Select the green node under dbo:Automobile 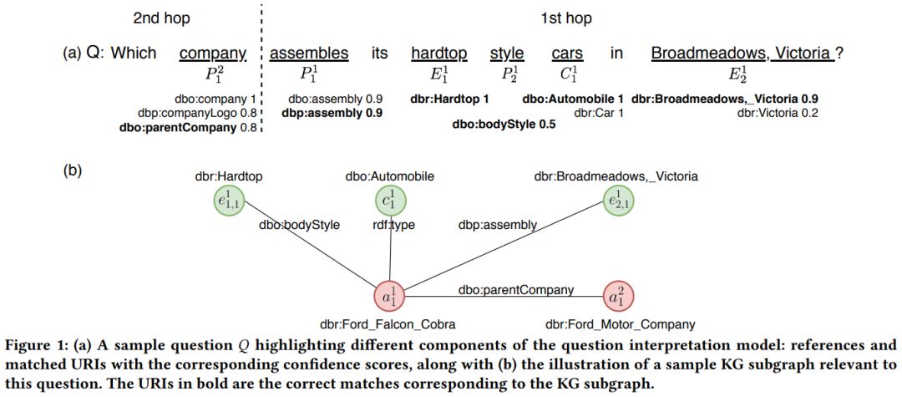pyautogui.click(x=390, y=201)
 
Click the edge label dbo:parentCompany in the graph pyautogui.click(x=515, y=289)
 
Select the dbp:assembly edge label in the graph pyautogui.click(x=496, y=224)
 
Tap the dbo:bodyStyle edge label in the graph pyautogui.click(x=300, y=225)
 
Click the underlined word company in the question pyautogui.click(x=213, y=53)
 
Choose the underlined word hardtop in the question pyautogui.click(x=439, y=53)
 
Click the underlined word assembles pyautogui.click(x=309, y=53)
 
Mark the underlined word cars pyautogui.click(x=567, y=53)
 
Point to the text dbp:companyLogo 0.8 pyautogui.click(x=197, y=113)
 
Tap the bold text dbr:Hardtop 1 pyautogui.click(x=449, y=99)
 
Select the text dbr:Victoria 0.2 pyautogui.click(x=778, y=113)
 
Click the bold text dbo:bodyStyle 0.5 pyautogui.click(x=504, y=126)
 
